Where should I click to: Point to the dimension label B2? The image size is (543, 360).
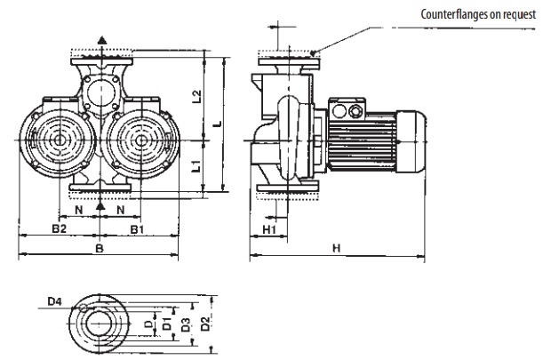(x=59, y=229)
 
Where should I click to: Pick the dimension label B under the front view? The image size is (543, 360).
(x=100, y=250)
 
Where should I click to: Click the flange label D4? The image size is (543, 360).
(x=55, y=302)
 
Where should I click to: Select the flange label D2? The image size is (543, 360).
(x=206, y=322)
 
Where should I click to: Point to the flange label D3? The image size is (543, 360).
(x=184, y=323)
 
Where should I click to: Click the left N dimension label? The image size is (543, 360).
(x=79, y=211)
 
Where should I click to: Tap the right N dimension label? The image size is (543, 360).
(x=121, y=211)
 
